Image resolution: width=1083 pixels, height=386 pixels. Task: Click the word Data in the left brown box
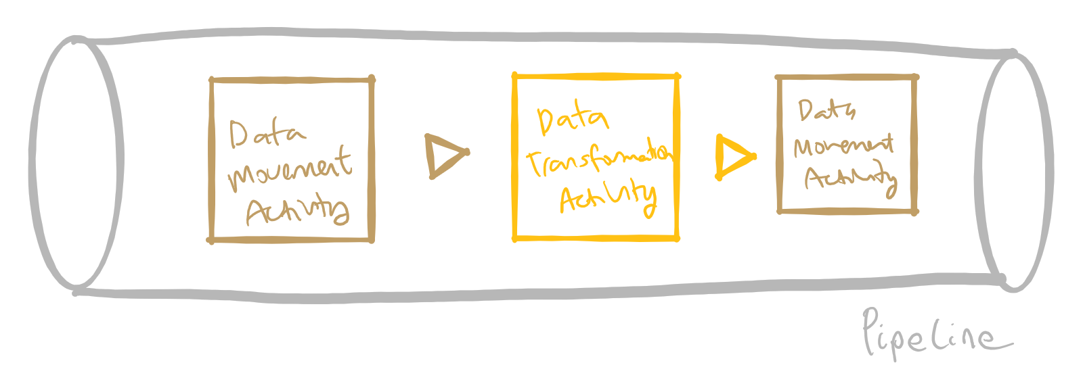267,134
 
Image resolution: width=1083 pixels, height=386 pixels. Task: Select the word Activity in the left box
298,211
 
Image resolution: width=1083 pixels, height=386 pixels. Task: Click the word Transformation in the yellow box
598,160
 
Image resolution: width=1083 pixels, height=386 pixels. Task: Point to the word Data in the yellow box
573,120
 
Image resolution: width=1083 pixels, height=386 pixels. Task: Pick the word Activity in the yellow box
608,198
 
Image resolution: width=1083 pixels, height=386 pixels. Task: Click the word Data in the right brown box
826,110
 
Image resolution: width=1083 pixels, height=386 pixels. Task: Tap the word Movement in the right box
843,145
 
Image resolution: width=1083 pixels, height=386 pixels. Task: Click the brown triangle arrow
444,156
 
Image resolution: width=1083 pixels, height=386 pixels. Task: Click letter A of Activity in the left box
258,212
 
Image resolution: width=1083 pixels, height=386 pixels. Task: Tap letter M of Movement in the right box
805,147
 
